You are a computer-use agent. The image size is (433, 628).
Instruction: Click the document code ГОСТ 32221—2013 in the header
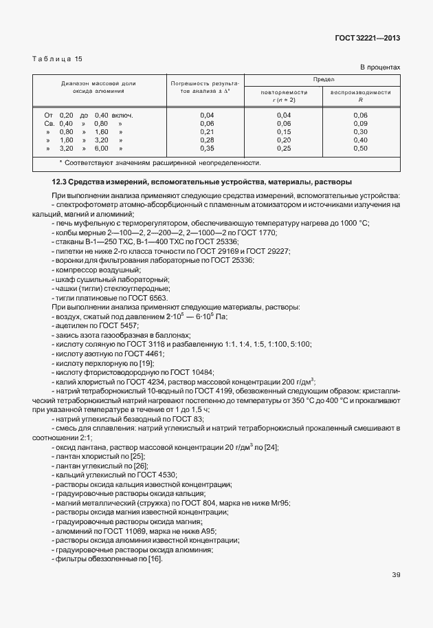coord(368,37)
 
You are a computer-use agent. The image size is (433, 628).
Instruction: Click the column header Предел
coord(323,80)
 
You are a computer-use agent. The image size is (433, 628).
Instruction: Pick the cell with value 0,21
coord(207,131)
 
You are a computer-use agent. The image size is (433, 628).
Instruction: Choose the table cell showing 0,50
coord(360,148)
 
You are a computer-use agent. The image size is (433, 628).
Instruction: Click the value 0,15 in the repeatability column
coord(283,131)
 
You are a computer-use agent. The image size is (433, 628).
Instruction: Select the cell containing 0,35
coord(207,148)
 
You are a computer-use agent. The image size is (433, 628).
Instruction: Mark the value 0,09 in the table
coord(360,123)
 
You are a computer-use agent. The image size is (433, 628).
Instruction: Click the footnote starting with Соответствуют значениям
coord(159,163)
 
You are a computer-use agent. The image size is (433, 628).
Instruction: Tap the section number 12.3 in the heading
coord(60,182)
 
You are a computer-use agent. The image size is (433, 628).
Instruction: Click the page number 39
coord(396,575)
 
